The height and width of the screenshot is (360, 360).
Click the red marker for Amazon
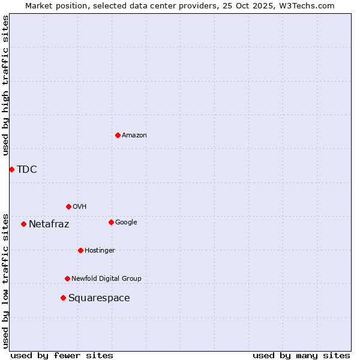[118, 135]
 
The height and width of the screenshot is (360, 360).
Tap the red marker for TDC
[11, 169]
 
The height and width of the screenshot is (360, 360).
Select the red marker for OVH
[68, 206]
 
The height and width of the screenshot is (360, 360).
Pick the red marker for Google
[111, 222]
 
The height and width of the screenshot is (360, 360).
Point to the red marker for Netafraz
[23, 224]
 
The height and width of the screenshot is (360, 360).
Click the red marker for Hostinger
[80, 250]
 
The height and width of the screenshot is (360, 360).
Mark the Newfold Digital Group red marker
[67, 278]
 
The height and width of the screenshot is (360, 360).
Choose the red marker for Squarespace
[63, 298]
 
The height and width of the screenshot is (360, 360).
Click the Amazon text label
[134, 136]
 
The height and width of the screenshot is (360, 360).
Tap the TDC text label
[27, 170]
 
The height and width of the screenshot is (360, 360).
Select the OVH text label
[80, 207]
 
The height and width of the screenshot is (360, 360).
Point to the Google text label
[126, 223]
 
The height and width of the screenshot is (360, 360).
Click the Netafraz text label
[49, 224]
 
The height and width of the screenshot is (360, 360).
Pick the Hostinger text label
[100, 251]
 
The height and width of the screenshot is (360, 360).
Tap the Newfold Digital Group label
[107, 279]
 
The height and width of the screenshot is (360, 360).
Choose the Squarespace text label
[99, 298]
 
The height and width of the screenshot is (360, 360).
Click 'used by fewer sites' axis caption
[62, 355]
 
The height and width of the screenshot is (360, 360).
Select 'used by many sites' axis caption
[301, 355]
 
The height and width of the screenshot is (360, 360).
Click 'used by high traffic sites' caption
[6, 85]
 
